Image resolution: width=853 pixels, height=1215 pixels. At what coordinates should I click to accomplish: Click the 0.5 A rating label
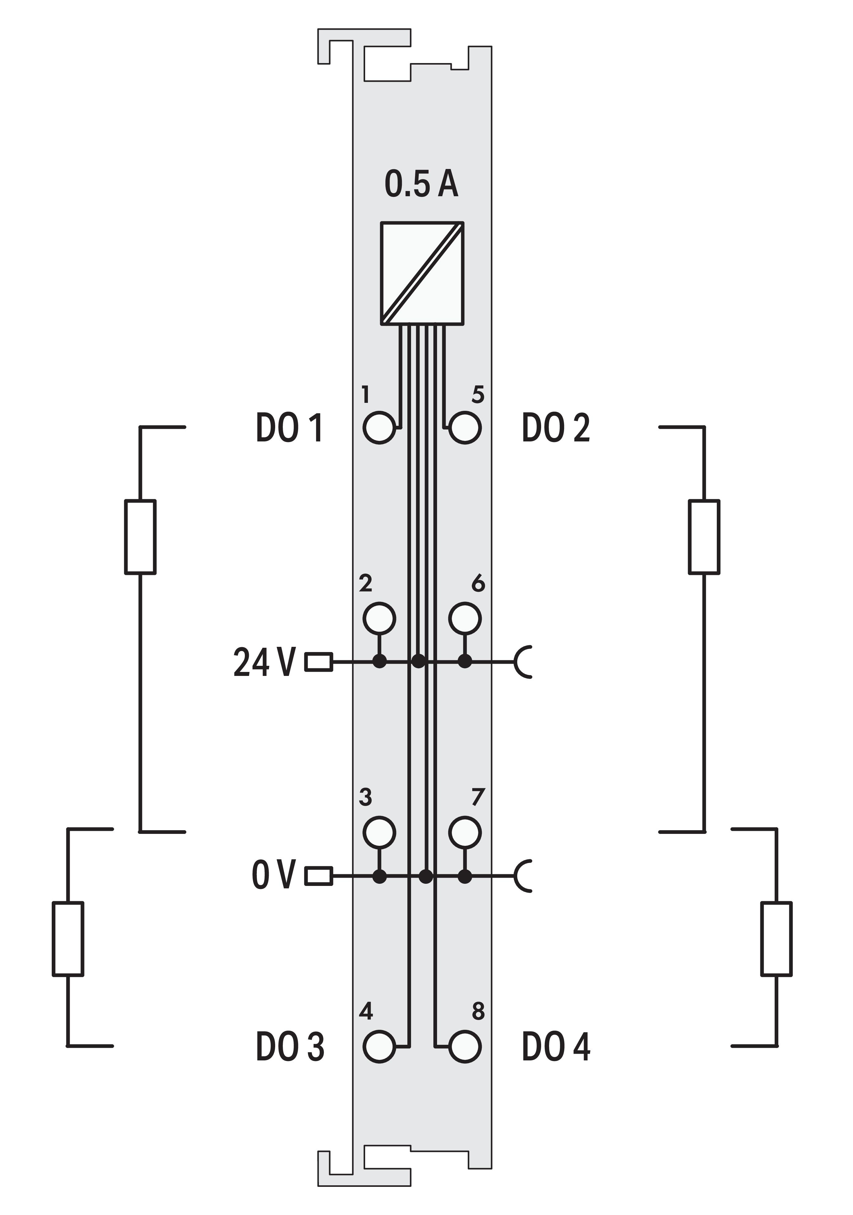point(421,185)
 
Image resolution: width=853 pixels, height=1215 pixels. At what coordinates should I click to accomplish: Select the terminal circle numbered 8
point(465,1046)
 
